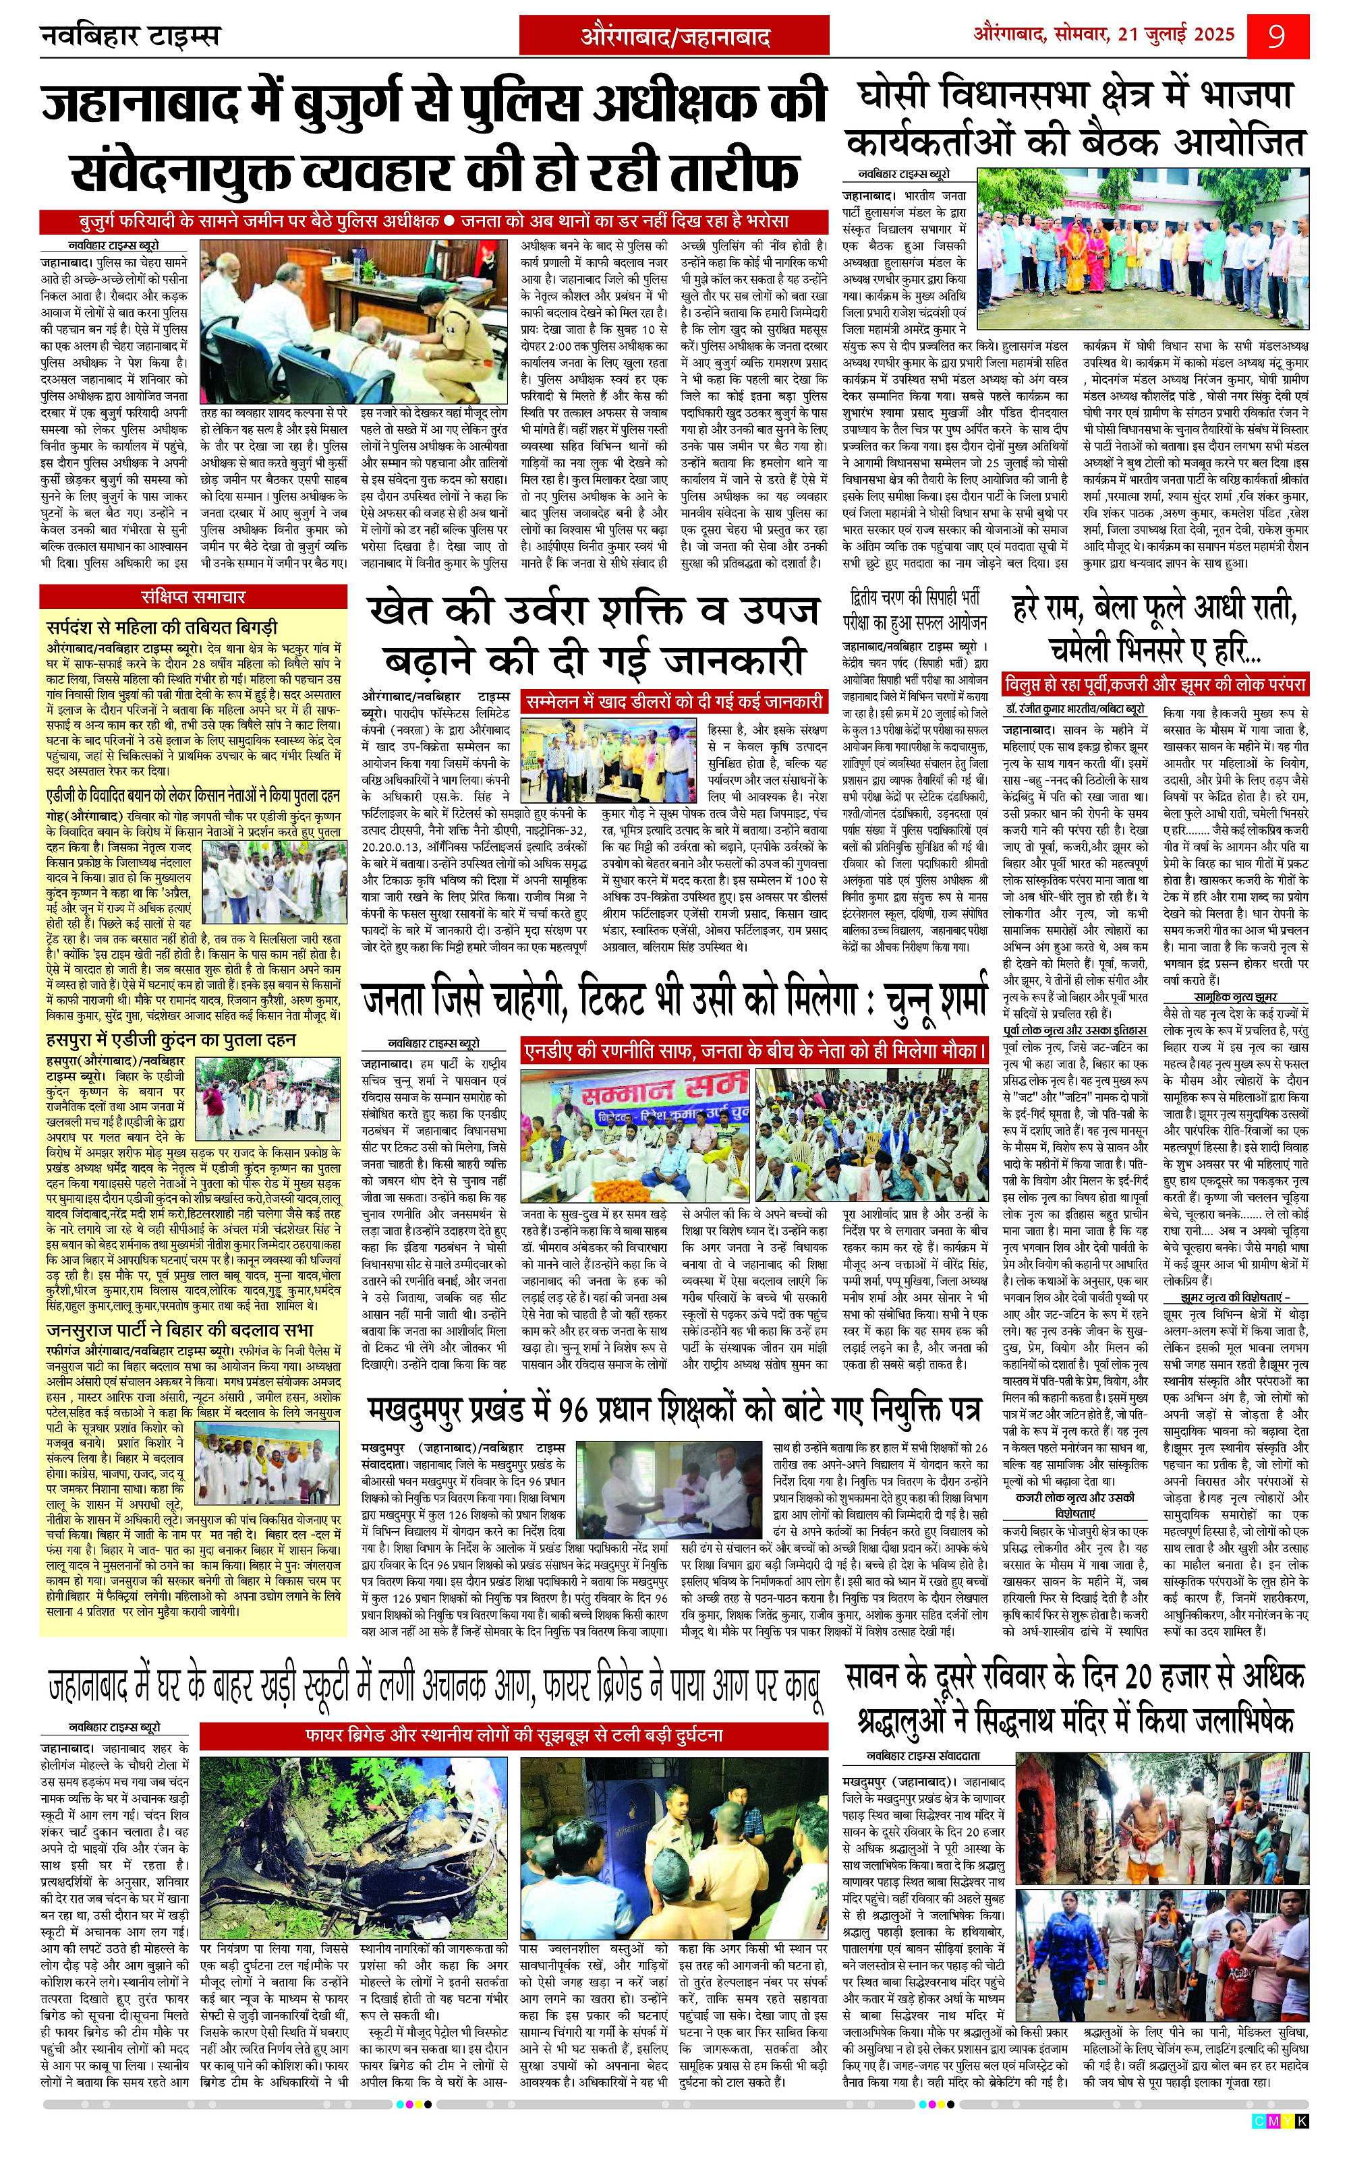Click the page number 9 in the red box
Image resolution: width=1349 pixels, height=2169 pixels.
[1277, 36]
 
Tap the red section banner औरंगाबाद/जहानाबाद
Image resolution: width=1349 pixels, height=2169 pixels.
[675, 36]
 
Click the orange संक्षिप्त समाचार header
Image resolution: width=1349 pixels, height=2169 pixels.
[193, 597]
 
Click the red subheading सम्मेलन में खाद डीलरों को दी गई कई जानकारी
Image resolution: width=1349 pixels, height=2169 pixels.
[674, 702]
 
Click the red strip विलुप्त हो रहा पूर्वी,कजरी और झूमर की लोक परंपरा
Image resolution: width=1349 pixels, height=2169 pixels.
[1156, 685]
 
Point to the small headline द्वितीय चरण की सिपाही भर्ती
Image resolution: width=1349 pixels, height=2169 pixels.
[915, 597]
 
